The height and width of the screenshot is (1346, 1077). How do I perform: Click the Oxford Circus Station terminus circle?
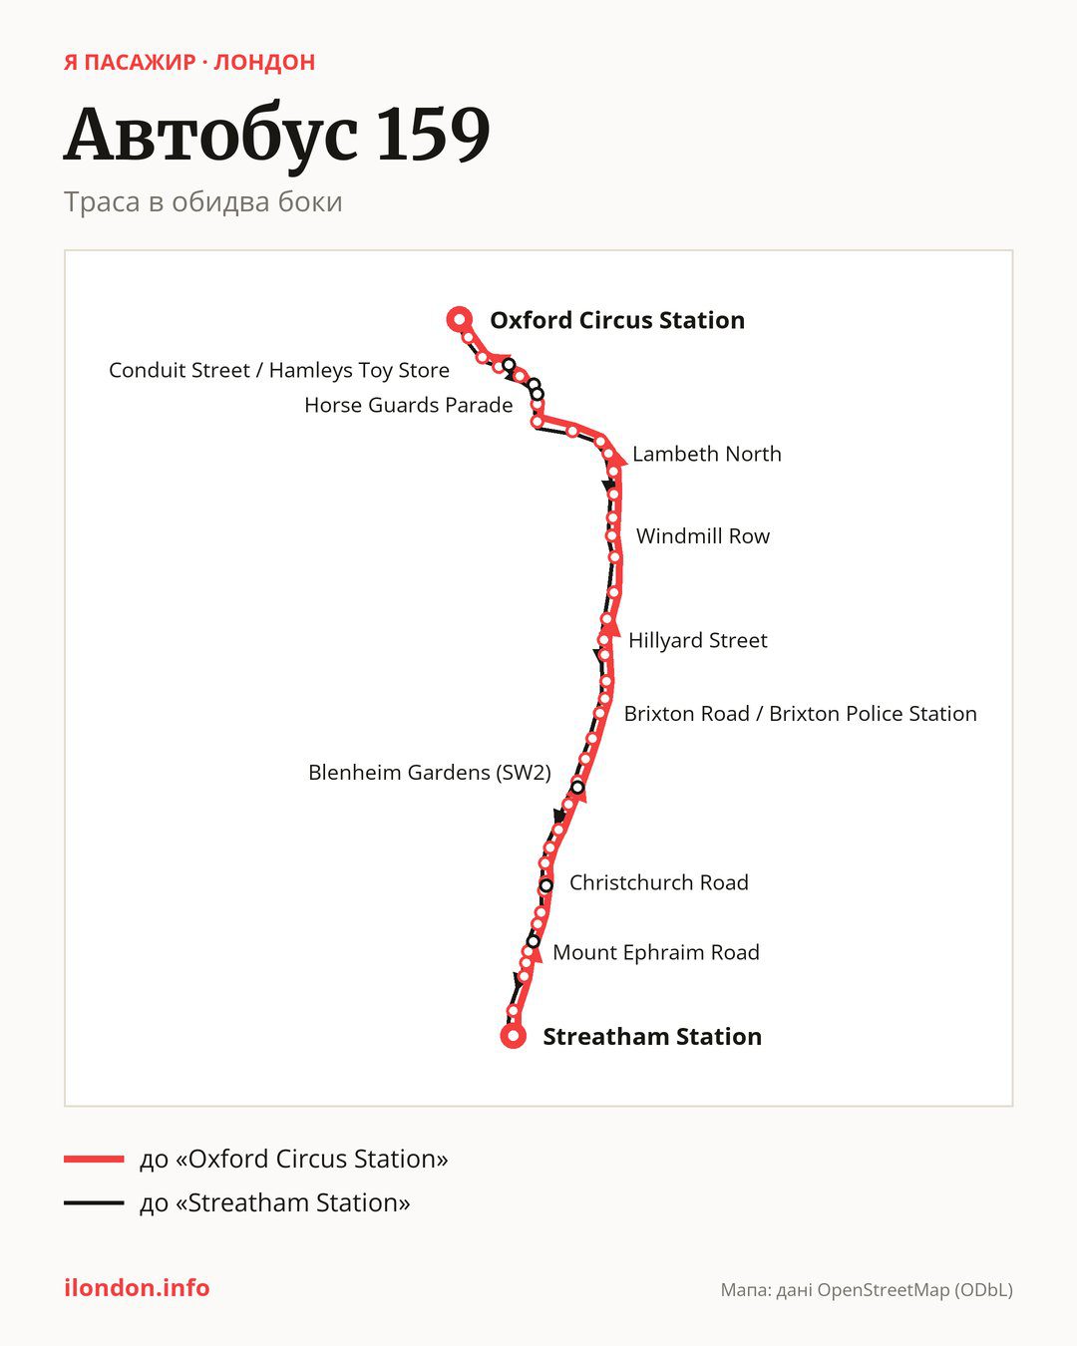[460, 319]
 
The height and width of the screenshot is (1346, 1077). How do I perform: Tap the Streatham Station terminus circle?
[513, 1036]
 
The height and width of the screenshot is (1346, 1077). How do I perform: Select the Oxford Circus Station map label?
[617, 320]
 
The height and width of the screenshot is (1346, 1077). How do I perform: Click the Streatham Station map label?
[652, 1036]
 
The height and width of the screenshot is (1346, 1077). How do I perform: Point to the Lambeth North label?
[706, 454]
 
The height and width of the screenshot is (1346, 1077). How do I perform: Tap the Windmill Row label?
[703, 536]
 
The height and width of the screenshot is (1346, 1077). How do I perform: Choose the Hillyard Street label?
[698, 640]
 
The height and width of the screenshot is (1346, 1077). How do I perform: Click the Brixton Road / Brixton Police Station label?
[801, 714]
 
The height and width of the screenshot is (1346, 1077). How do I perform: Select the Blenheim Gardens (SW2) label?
[429, 773]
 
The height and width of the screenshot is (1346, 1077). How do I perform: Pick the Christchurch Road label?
[658, 882]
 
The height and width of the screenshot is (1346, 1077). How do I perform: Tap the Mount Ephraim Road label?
[656, 952]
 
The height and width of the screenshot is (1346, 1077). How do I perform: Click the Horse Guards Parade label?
[409, 406]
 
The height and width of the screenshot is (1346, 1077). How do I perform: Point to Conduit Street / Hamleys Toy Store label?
[279, 370]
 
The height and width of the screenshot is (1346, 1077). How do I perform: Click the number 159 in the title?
[434, 134]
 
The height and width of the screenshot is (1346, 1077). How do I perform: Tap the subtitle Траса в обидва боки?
[203, 202]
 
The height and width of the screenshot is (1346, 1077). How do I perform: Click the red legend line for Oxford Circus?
[94, 1159]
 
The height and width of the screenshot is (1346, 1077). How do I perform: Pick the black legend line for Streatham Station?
[94, 1202]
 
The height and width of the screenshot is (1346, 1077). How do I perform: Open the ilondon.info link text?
[137, 1288]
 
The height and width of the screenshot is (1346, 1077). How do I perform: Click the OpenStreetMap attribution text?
[867, 1290]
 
